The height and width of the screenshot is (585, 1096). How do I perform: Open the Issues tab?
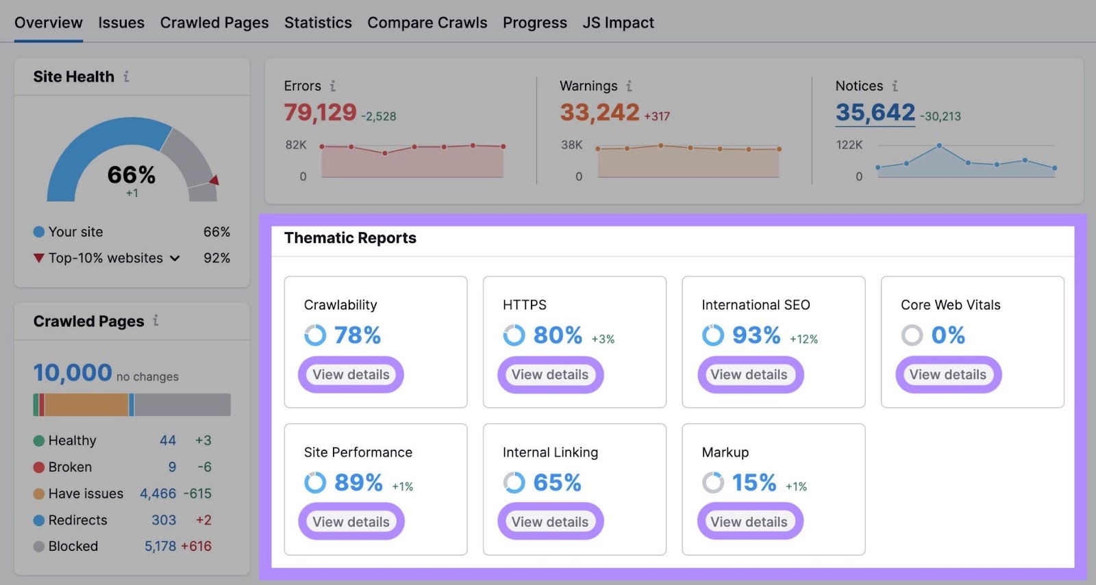point(121,23)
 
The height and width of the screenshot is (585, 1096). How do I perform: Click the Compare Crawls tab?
point(427,23)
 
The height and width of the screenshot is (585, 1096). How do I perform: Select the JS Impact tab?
point(618,23)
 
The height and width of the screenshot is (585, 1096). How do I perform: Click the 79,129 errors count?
point(320,112)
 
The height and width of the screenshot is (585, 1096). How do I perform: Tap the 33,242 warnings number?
point(599,112)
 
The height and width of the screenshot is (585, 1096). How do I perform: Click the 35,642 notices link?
point(875,112)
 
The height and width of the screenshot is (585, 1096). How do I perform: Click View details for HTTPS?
point(550,374)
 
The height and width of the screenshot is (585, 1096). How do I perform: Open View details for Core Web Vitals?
point(948,374)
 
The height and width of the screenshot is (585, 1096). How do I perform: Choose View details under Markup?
point(749,521)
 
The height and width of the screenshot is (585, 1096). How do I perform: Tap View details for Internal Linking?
point(550,521)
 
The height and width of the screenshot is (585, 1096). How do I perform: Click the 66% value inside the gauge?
point(132,175)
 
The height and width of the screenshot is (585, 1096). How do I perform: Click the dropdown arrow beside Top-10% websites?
point(175,258)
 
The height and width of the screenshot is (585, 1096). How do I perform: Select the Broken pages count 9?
point(172,467)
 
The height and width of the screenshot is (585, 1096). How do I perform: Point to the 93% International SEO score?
point(756,335)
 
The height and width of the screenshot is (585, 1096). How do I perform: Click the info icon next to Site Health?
point(126,77)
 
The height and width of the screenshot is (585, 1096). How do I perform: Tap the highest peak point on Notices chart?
point(939,146)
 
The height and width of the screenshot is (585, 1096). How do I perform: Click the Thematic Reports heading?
point(350,238)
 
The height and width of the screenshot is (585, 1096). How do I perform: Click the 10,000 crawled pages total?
point(73,373)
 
